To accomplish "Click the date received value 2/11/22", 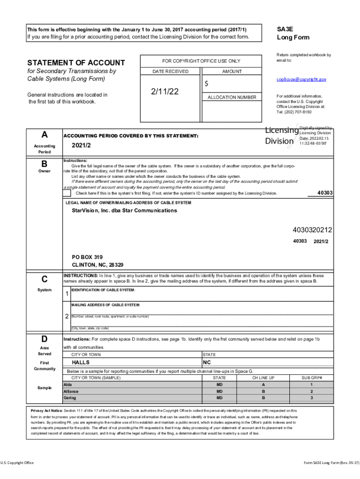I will click(165, 92).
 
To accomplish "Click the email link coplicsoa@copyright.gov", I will click(301, 80).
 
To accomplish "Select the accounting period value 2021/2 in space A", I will click(82, 146).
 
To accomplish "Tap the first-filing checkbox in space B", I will click(67, 193).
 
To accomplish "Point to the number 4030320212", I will click(312, 230).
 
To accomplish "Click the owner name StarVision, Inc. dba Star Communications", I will click(124, 210).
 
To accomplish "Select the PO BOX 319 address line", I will click(87, 257).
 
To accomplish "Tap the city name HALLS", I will click(81, 363).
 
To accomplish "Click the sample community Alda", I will click(68, 385).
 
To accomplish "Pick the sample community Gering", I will click(70, 398).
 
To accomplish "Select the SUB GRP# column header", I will click(311, 377).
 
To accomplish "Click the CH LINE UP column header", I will click(263, 377).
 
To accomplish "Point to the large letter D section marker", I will click(44, 339).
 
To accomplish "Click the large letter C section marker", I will click(44, 279).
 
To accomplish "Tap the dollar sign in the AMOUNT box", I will click(206, 84).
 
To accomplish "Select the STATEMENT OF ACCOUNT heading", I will click(76, 63).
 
